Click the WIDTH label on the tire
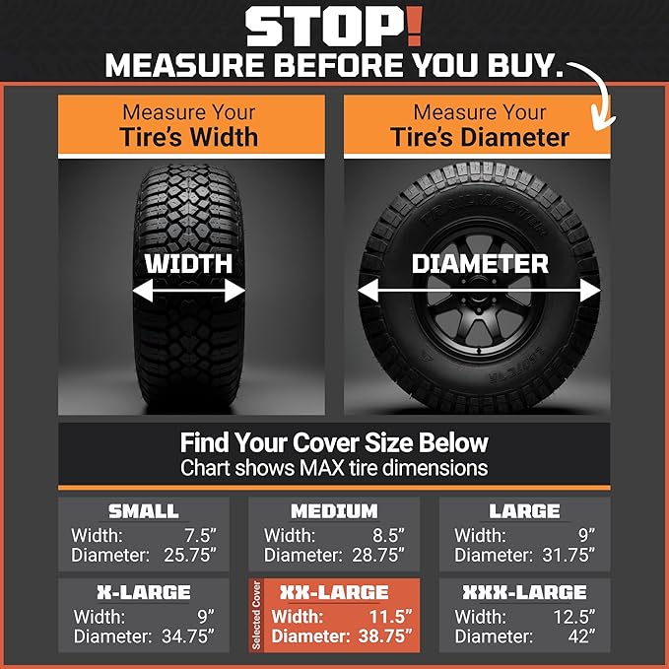click(188, 264)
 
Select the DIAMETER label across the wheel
click(479, 264)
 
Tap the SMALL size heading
click(143, 511)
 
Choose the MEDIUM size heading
click(334, 511)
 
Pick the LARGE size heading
click(524, 511)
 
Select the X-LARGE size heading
click(143, 593)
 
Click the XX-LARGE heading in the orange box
click(334, 593)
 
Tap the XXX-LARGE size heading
click(524, 593)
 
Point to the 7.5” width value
click(201, 536)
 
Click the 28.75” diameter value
click(381, 556)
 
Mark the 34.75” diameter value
click(190, 636)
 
